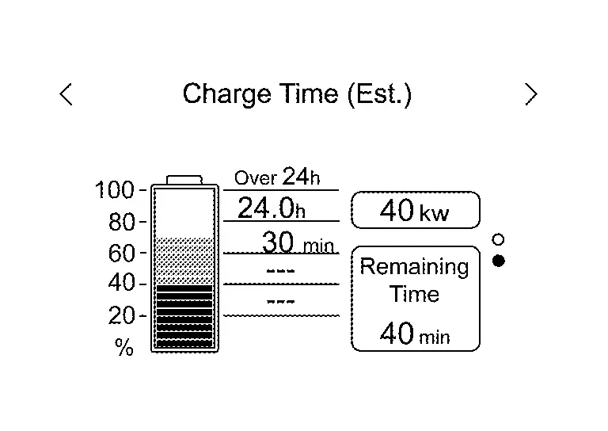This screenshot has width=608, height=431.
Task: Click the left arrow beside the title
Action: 66,94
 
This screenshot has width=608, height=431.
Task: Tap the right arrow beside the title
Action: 531,94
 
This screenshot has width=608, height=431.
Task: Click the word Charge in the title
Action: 227,94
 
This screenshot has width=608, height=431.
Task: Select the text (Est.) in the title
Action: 379,94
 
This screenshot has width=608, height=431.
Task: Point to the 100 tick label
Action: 114,190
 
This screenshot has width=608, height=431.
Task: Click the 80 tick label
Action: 122,222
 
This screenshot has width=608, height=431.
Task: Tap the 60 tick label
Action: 122,254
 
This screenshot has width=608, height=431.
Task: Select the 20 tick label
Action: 122,315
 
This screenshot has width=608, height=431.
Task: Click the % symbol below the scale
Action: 124,347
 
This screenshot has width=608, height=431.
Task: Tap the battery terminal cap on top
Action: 184,180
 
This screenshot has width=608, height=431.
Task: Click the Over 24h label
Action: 277,177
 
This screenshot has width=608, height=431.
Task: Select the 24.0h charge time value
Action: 272,208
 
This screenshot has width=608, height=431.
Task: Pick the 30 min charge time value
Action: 298,242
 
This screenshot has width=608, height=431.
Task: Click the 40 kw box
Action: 416,210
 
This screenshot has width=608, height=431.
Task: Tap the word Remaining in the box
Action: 415,267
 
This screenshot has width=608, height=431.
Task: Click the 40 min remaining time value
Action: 415,334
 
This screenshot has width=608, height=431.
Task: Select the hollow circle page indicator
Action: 498,239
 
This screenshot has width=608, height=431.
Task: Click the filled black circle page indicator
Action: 499,261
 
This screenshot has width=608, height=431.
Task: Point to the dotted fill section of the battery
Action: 184,261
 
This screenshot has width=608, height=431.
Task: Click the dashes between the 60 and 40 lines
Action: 281,270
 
